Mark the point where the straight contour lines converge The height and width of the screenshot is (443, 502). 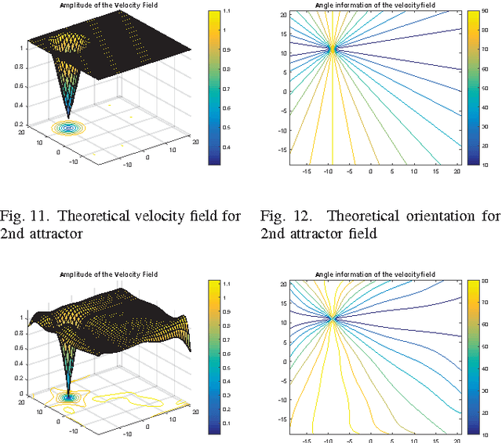[332, 49]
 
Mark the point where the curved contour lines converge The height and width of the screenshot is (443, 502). [332, 318]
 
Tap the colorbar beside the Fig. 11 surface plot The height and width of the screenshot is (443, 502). [214, 87]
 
